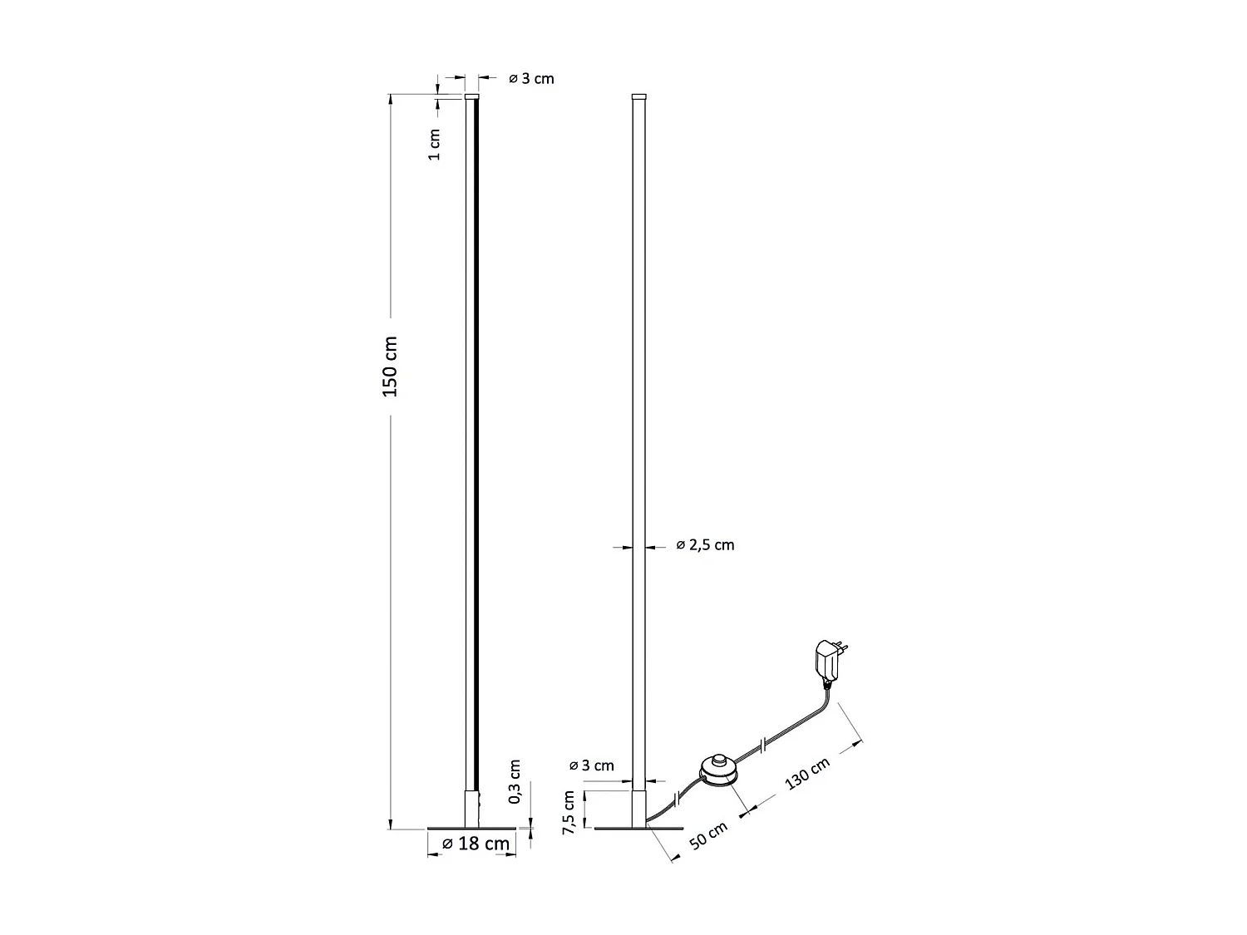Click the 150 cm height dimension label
pos(391,367)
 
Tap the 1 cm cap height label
pos(434,145)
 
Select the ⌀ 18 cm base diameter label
pos(475,843)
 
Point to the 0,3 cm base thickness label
pos(515,781)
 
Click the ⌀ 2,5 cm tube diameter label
pos(705,545)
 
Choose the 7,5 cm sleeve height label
pos(569,811)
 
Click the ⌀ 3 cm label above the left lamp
pos(531,79)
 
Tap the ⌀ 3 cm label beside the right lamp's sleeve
pos(591,765)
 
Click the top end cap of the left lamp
pos(471,96)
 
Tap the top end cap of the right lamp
pos(638,96)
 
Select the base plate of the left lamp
pos(471,829)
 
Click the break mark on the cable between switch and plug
pos(762,742)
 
